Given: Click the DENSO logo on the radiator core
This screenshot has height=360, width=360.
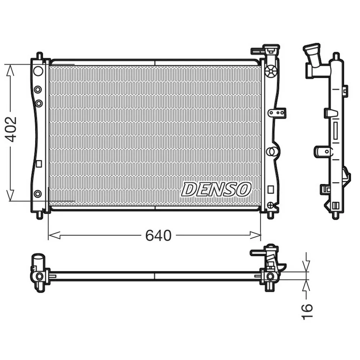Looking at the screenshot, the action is pyautogui.click(x=216, y=190).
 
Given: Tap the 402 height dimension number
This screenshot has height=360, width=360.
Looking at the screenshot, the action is pyautogui.click(x=11, y=129).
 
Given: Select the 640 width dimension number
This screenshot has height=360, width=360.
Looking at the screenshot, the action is pyautogui.click(x=158, y=235).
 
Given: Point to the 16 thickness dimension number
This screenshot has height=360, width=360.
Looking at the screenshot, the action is pyautogui.click(x=307, y=311).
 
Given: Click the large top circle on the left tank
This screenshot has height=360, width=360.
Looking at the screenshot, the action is pyautogui.click(x=38, y=71).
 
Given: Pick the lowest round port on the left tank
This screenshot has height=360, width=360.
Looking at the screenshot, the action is pyautogui.click(x=38, y=194).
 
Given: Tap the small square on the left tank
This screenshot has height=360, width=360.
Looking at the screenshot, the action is pyautogui.click(x=39, y=164).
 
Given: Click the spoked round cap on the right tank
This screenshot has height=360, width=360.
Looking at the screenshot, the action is pyautogui.click(x=271, y=71).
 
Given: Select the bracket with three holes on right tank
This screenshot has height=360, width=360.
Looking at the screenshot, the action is pyautogui.click(x=277, y=113).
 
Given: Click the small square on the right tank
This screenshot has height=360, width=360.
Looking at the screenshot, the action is pyautogui.click(x=271, y=189).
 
